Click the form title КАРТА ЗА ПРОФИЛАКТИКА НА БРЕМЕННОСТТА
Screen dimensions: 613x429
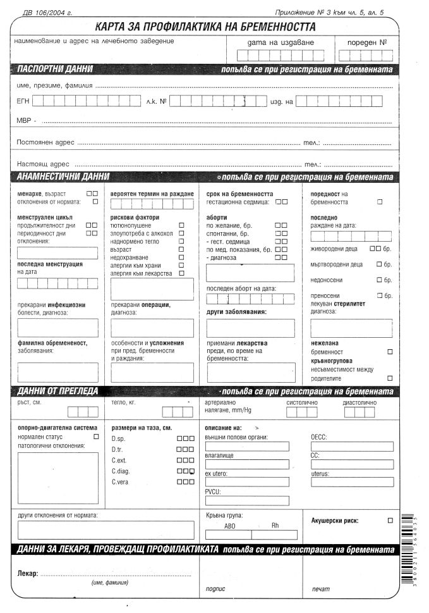205,27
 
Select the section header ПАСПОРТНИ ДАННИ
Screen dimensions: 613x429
56,69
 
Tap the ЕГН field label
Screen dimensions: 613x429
22,101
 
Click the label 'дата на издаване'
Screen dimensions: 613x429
281,43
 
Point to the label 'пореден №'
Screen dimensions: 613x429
367,43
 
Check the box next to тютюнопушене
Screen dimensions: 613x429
181,225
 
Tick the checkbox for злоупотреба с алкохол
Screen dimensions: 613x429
181,233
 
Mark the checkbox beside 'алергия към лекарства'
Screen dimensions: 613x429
181,273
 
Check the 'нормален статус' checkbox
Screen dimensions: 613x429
96,436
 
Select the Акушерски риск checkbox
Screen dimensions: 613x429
390,520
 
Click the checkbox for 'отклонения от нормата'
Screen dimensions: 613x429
95,201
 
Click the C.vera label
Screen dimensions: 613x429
120,482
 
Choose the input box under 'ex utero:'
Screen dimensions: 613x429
247,482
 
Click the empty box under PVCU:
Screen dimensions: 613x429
247,501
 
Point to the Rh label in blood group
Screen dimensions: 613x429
275,525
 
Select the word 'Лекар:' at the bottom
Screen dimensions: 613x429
27,574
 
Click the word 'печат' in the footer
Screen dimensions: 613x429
320,589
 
